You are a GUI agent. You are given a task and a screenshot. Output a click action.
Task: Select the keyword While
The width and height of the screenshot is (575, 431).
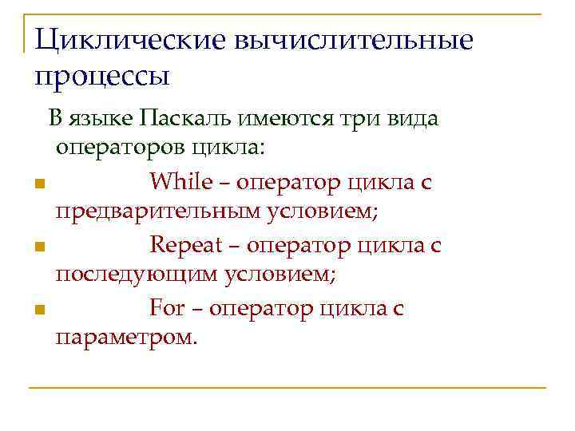[x=180, y=182]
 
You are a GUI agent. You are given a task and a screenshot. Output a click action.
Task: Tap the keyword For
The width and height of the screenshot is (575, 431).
[x=167, y=308]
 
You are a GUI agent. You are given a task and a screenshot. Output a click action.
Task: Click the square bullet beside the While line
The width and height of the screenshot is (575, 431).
[x=38, y=184]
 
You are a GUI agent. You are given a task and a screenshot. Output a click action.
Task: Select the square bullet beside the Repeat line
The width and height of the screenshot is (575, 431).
[x=38, y=247]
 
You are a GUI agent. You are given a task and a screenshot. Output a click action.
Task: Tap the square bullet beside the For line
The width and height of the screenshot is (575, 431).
[x=38, y=310]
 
